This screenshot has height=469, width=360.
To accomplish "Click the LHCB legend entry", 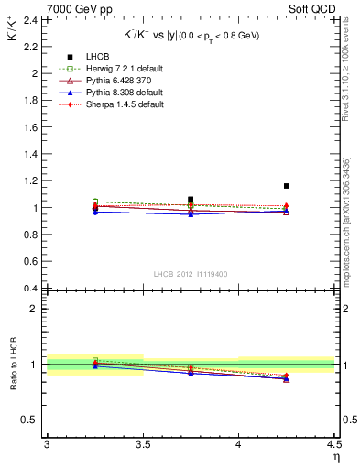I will [x=99, y=57].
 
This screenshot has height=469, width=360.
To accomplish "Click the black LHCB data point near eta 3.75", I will [x=191, y=199].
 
